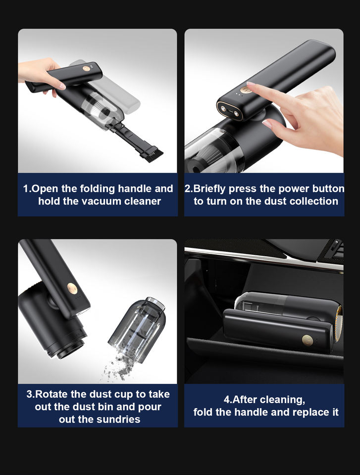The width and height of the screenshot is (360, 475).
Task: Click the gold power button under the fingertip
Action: pos(245,90)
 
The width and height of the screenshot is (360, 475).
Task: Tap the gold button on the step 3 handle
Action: pos(72,288)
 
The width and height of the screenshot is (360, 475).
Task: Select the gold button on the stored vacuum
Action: pos(308,340)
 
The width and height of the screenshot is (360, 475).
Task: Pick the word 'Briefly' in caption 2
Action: pos(209,189)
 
